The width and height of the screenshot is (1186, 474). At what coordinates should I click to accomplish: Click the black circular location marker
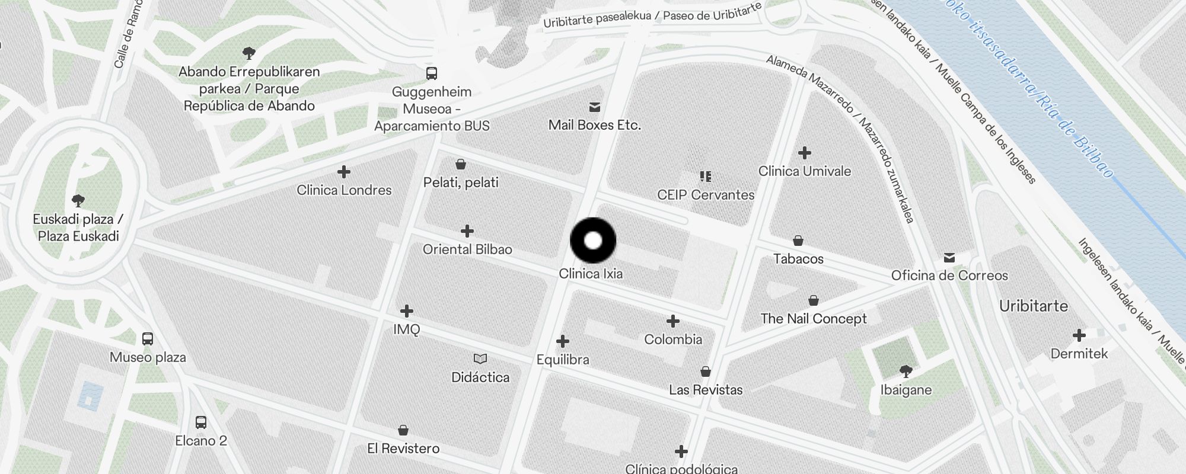point(593,241)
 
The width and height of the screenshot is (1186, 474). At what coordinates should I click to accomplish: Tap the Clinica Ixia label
point(591,274)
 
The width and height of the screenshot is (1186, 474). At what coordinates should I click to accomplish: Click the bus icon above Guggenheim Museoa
point(432,73)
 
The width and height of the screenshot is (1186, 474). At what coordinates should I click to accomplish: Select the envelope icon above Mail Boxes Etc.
point(594,107)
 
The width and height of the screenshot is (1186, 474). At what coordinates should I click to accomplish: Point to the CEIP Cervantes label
point(706,195)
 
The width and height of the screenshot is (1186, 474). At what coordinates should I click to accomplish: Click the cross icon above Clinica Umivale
point(804,153)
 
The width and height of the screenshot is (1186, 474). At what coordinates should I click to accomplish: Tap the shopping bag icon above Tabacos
point(798,241)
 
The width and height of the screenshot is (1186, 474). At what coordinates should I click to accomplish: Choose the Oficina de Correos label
point(949,276)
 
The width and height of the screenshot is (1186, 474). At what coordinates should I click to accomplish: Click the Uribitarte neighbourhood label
point(1033,306)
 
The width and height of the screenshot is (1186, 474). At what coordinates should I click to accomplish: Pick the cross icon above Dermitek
point(1079,336)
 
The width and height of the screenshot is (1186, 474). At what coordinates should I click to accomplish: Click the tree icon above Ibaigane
point(906,371)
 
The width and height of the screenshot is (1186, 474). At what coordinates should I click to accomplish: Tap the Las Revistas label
point(706,390)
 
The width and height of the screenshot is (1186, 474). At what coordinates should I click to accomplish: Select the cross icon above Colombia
point(672,321)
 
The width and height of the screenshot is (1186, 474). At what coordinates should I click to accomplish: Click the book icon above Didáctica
point(480,358)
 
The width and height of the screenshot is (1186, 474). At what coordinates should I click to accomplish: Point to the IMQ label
point(407,329)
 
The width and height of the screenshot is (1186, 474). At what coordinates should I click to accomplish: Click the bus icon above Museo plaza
point(148,339)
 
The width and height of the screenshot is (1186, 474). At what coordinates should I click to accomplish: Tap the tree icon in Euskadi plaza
point(78,200)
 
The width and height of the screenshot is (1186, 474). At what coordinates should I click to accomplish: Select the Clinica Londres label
point(344,190)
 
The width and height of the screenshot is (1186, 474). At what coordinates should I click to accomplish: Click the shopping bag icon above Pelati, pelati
point(461,164)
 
